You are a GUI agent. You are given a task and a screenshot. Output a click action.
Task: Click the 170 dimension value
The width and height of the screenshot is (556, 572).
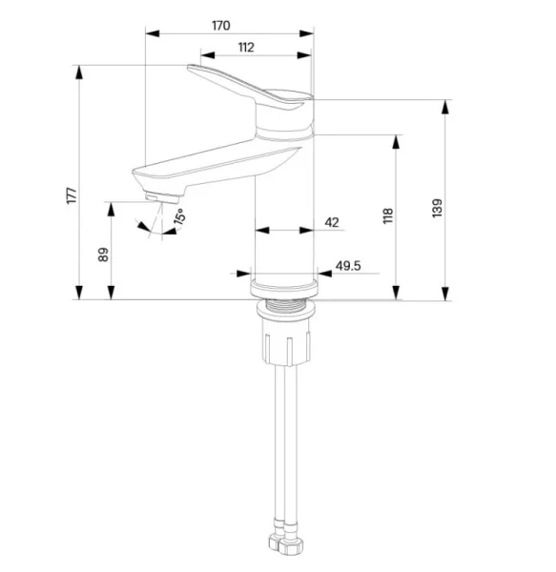coord(221,26)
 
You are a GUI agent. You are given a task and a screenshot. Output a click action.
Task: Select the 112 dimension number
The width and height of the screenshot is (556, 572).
coord(246,48)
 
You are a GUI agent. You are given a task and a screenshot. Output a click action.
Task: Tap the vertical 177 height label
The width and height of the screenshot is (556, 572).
coord(72,195)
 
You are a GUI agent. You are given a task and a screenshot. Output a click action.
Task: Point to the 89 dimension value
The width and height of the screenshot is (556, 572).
coord(103,255)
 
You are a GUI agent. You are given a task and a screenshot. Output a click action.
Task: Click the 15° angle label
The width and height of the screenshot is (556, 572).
coord(179,216)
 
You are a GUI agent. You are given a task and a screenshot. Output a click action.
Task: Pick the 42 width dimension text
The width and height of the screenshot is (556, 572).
coord(332,222)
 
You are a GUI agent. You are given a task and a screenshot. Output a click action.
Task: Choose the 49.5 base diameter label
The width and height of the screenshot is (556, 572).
coord(348,266)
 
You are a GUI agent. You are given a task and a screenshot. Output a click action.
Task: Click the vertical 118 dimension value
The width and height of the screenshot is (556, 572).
coord(388,215)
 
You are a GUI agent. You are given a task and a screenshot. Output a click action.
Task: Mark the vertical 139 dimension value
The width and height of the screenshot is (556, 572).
coord(437,208)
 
